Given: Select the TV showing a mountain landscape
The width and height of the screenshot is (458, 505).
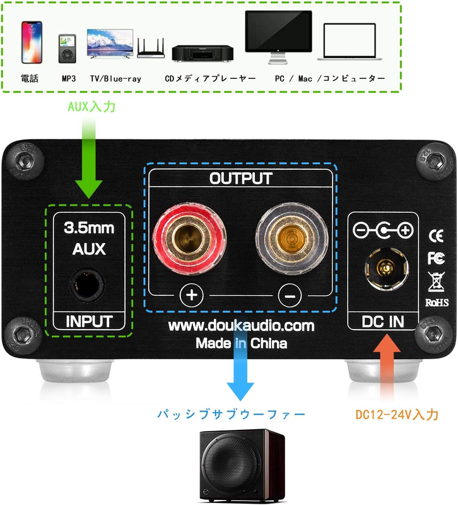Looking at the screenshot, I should click(x=109, y=43).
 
